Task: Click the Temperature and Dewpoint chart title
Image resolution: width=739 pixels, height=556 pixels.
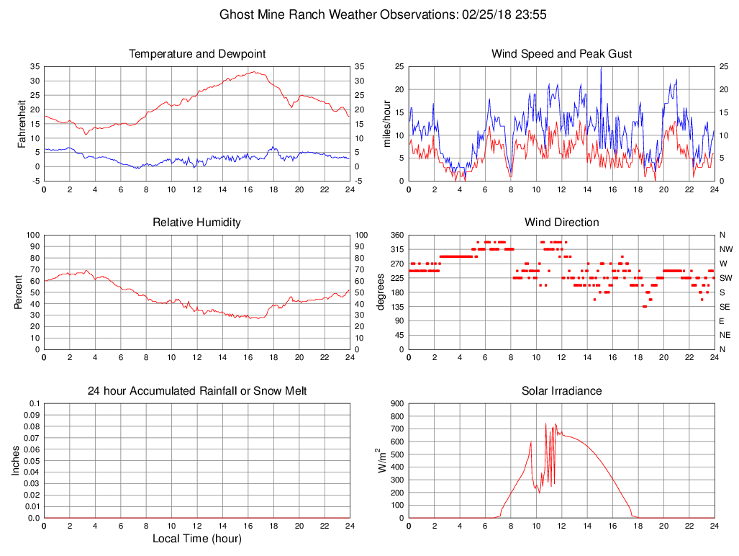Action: [x=196, y=54]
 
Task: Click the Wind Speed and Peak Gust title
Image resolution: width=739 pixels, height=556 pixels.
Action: [x=561, y=54]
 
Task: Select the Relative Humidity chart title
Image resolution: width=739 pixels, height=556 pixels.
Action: [x=196, y=223]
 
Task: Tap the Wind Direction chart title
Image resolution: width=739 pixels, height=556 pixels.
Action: [x=561, y=223]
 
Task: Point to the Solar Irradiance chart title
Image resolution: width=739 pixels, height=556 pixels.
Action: [x=561, y=391]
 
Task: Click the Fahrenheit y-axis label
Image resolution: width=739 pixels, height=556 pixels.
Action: [x=22, y=123]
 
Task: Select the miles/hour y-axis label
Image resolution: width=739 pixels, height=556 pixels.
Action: [x=387, y=123]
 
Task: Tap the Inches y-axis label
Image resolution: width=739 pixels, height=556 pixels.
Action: [x=17, y=460]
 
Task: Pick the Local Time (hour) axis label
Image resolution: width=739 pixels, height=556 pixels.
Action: [x=196, y=538]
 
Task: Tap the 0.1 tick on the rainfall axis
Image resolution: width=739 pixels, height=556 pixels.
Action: [x=34, y=403]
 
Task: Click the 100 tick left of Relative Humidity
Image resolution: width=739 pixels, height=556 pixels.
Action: [x=32, y=235]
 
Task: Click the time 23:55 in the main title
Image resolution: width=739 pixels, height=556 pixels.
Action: [x=533, y=14]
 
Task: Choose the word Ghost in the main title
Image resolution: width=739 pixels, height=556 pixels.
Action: [x=236, y=14]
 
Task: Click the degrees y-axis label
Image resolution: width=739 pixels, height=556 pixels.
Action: [x=381, y=292]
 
